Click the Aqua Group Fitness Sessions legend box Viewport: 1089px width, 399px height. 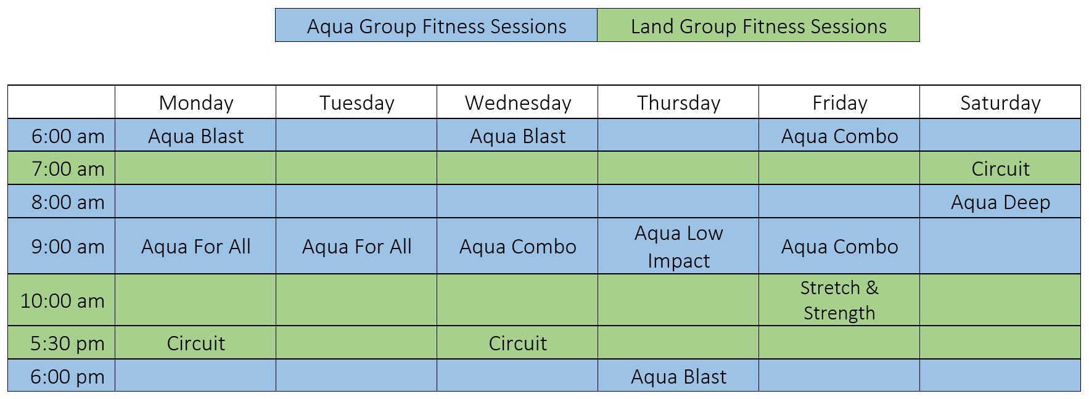(436, 26)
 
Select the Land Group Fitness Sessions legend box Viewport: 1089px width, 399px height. (758, 26)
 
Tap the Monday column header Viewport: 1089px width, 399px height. (195, 102)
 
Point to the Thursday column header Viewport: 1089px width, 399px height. (678, 102)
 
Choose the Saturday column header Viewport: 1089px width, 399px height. (1000, 102)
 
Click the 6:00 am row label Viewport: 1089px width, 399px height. (68, 136)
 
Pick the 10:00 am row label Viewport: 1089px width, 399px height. (62, 300)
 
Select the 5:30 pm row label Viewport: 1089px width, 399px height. (67, 343)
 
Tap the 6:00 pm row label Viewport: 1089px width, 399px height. (67, 376)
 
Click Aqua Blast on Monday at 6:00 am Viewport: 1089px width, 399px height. (195, 136)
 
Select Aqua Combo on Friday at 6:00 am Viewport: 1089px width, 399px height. (839, 136)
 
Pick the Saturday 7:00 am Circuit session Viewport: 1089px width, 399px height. (1000, 168)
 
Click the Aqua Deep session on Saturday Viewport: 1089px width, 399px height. (1000, 202)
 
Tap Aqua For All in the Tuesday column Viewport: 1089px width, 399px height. (356, 246)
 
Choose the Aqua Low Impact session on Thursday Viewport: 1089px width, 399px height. (678, 246)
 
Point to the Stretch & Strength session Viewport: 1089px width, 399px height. (839, 300)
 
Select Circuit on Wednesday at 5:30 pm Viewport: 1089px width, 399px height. (517, 343)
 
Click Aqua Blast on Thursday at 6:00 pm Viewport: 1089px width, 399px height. (678, 376)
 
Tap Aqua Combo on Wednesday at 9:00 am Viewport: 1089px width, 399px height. (517, 246)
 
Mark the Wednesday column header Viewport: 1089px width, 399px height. (517, 102)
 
